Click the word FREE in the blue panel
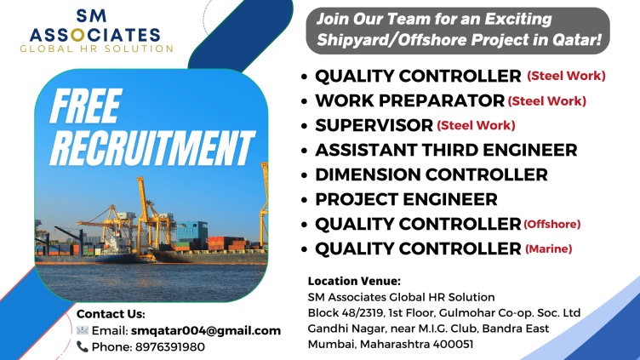click(x=86, y=106)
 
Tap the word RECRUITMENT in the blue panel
click(x=151, y=148)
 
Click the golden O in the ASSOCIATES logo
click(x=77, y=35)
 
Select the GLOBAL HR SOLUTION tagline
click(x=97, y=49)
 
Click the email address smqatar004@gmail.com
click(x=206, y=330)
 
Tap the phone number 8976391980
click(x=170, y=347)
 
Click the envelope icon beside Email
click(x=82, y=330)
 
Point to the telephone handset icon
click(x=82, y=346)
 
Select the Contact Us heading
click(x=111, y=314)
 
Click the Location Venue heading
click(x=354, y=281)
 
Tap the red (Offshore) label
click(x=551, y=224)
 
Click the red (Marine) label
click(x=549, y=249)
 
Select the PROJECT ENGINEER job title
click(x=406, y=200)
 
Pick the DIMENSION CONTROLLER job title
click(x=431, y=174)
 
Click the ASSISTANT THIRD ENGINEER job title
click(x=446, y=150)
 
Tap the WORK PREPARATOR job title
click(x=410, y=100)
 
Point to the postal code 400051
click(x=453, y=344)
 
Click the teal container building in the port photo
click(x=191, y=231)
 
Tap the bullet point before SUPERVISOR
click(x=304, y=126)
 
